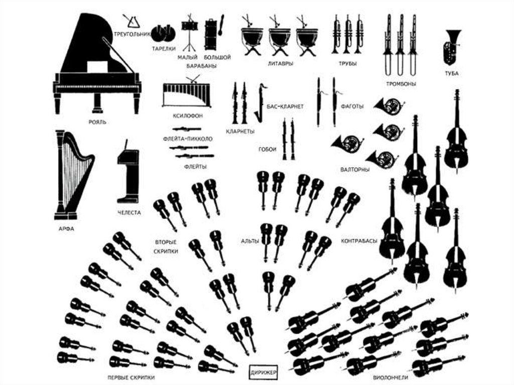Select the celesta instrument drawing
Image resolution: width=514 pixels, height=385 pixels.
coord(127,173)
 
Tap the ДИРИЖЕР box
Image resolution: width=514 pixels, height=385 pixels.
coord(263,372)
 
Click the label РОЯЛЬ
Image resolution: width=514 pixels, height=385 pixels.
coord(97,122)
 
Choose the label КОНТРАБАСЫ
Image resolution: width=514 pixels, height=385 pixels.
coord(358,241)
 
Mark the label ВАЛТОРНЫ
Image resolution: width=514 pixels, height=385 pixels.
coord(355,170)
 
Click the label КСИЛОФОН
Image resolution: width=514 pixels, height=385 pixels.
coord(187,115)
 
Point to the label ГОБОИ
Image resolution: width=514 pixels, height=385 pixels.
coord(268,149)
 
